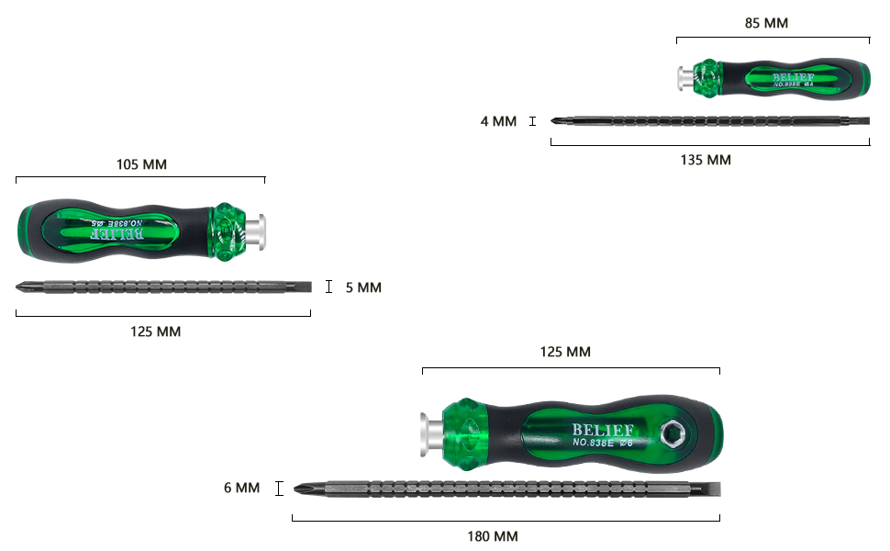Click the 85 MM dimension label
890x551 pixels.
click(x=765, y=23)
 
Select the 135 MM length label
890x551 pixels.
click(x=705, y=160)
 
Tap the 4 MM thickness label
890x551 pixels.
click(x=498, y=121)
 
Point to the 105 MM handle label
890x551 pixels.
click(x=141, y=164)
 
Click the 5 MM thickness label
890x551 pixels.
click(x=363, y=287)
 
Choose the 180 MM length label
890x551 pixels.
click(x=492, y=535)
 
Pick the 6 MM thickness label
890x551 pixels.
click(x=241, y=488)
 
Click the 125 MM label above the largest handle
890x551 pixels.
click(x=564, y=352)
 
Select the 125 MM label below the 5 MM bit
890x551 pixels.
click(x=155, y=332)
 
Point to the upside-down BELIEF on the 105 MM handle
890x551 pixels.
click(x=117, y=233)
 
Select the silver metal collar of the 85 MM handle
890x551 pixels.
click(x=684, y=78)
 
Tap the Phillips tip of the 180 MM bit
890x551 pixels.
click(x=301, y=489)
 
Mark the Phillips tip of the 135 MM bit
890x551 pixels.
click(x=557, y=120)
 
